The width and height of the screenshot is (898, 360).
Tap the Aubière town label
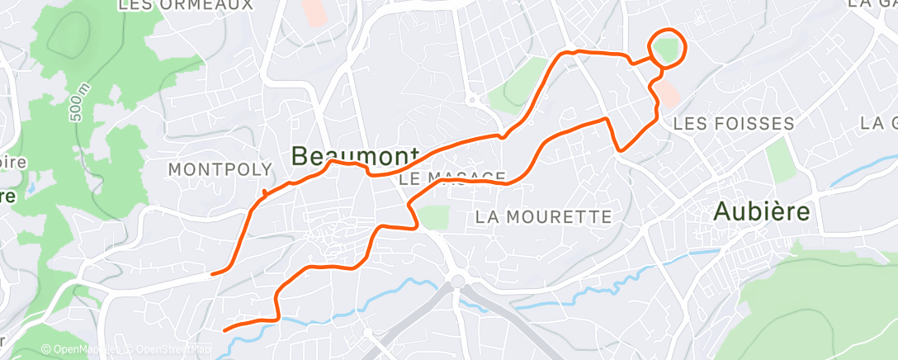761,211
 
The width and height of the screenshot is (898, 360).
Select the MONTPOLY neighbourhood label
220,169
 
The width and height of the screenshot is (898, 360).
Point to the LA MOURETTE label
545,217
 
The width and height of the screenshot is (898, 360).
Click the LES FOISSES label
734,124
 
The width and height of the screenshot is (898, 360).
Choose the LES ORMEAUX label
185,6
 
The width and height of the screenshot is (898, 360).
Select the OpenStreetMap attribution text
170,350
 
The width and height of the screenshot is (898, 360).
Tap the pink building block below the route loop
668,93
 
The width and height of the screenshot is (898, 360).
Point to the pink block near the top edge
314,12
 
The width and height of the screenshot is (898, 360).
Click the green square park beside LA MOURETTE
433,217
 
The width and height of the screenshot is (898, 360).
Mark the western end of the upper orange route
213,272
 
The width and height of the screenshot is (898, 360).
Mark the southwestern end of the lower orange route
224,330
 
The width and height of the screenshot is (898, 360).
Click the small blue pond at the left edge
31,188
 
